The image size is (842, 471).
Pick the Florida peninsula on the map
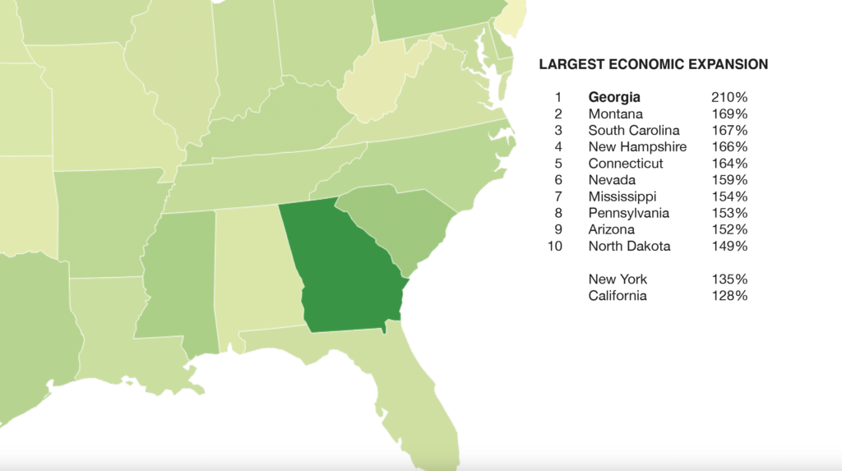[x=419, y=395]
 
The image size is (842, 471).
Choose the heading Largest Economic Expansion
[x=653, y=64]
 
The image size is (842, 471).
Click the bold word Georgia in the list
[x=614, y=97]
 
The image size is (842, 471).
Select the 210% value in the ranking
[x=729, y=97]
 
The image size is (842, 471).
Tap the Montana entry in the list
[x=616, y=114]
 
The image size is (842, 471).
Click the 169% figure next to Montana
[x=729, y=114]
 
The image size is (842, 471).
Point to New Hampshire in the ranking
[x=637, y=147]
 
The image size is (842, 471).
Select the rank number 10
[x=555, y=246]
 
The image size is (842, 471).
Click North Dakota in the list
[x=629, y=246]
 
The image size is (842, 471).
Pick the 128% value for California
[x=729, y=296]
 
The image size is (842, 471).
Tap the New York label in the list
[x=618, y=279]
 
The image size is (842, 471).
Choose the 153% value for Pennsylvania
[x=729, y=213]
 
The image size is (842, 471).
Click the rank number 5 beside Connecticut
[x=558, y=164]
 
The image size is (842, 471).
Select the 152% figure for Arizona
[x=729, y=229]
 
